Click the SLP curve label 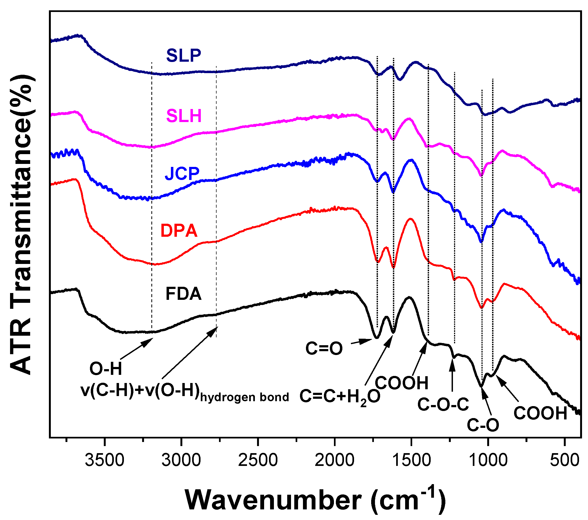183,55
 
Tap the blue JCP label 182,173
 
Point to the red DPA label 179,231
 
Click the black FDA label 183,294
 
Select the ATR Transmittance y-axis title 21,225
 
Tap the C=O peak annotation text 324,348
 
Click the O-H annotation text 106,369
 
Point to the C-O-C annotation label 443,404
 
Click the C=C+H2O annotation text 340,397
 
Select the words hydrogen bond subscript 245,397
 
